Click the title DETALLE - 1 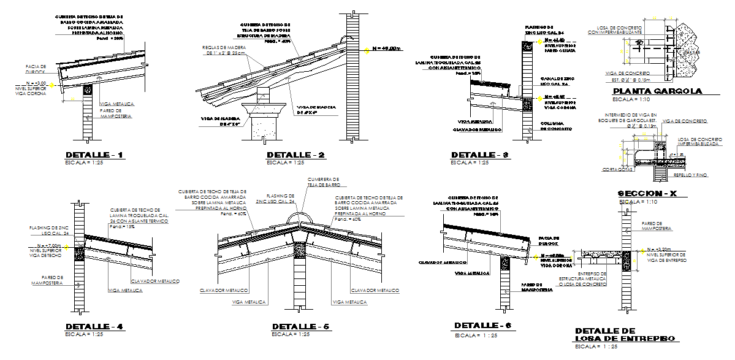[94, 155]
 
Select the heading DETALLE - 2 [295, 155]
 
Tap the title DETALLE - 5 [300, 326]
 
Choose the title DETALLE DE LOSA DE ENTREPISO [625, 334]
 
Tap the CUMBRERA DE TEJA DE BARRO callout [322, 182]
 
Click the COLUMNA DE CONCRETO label [556, 126]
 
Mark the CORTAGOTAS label [617, 169]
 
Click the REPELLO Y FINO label [690, 175]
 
